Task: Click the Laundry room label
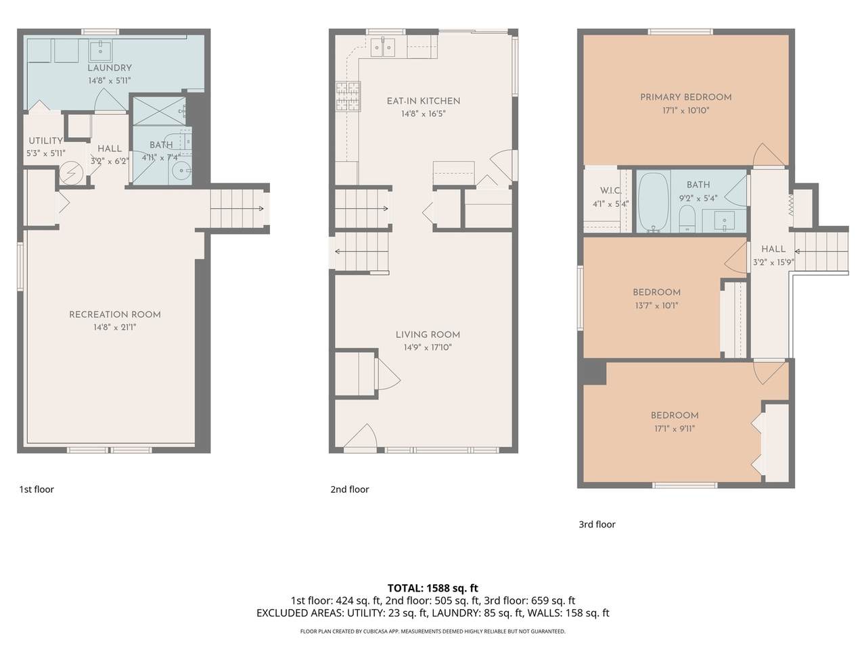coord(109,68)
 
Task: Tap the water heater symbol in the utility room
coord(70,174)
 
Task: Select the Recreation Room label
coord(115,315)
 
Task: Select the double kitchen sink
coord(384,46)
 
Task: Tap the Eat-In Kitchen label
coord(423,101)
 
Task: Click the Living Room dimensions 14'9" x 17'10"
coord(428,347)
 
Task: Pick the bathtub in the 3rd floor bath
coord(652,201)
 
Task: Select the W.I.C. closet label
coord(610,191)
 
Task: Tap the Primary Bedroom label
coord(685,97)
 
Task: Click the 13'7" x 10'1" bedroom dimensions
coord(656,305)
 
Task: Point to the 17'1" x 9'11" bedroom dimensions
coord(674,428)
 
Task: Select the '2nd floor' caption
coord(349,489)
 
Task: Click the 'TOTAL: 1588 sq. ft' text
coord(432,587)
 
